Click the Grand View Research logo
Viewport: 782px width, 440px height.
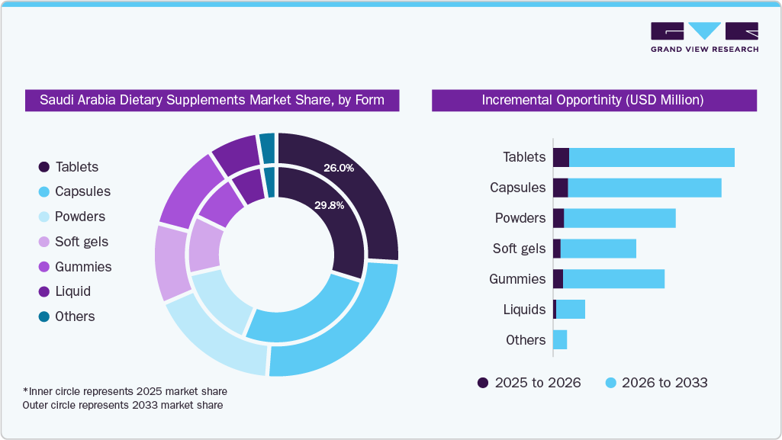coord(703,37)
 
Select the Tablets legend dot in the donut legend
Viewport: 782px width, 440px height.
coord(43,167)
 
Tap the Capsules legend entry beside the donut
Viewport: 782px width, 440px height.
coord(74,191)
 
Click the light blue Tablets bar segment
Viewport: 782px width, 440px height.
coord(652,157)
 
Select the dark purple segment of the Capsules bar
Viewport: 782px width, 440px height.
coord(560,188)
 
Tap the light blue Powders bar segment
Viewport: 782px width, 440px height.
coord(619,218)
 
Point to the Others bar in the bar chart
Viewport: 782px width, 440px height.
coord(560,340)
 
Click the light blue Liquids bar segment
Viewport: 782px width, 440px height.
coord(571,310)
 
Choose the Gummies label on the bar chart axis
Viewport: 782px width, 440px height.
coord(517,279)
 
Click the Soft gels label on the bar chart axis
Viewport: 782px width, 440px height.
coord(519,249)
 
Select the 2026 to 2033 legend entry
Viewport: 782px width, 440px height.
coord(656,383)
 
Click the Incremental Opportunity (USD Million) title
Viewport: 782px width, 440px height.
coord(593,100)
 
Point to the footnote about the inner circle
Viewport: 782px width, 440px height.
coord(125,391)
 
